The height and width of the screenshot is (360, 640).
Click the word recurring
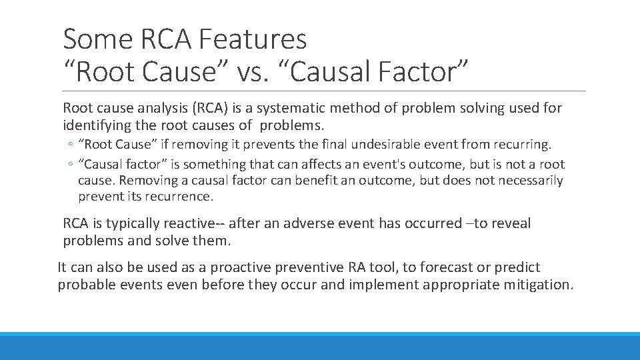tap(523, 144)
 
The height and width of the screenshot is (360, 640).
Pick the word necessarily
tap(526, 180)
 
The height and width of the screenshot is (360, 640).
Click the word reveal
tap(511, 223)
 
